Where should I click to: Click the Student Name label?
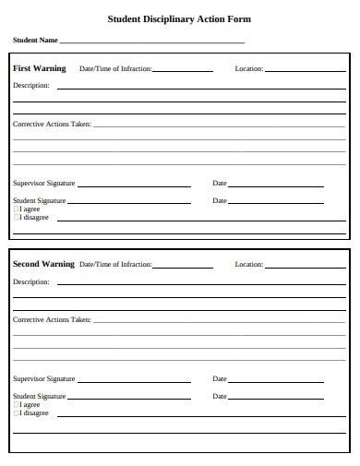[x=35, y=41]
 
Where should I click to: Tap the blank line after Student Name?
[x=152, y=42]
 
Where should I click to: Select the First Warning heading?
[x=40, y=68]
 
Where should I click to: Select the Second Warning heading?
[x=43, y=264]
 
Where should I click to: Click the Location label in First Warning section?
[x=248, y=69]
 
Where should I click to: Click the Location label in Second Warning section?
[x=248, y=265]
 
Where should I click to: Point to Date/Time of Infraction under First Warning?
[x=115, y=69]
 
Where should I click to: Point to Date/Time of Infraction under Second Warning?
[x=115, y=265]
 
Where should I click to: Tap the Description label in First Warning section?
[x=30, y=86]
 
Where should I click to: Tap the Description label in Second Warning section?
[x=30, y=282]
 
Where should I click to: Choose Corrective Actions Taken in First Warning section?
[x=52, y=124]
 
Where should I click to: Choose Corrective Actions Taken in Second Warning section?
[x=52, y=320]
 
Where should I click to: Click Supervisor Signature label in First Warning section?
[x=43, y=184]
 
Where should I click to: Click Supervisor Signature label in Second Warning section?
[x=43, y=379]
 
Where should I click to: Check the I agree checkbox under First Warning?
[x=16, y=209]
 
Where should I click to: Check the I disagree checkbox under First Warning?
[x=16, y=218]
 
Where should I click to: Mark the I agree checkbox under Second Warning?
[x=16, y=405]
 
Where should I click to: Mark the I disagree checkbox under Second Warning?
[x=16, y=413]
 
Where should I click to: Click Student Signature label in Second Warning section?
[x=39, y=397]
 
